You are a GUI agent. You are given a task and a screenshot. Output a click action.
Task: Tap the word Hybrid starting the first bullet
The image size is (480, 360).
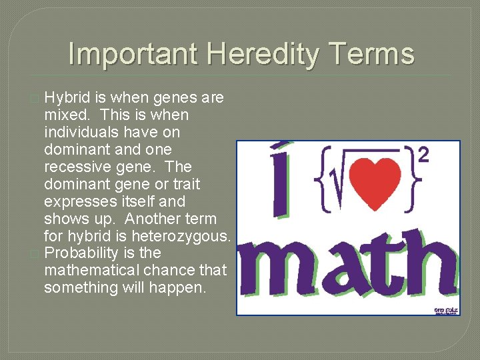coord(65,98)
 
